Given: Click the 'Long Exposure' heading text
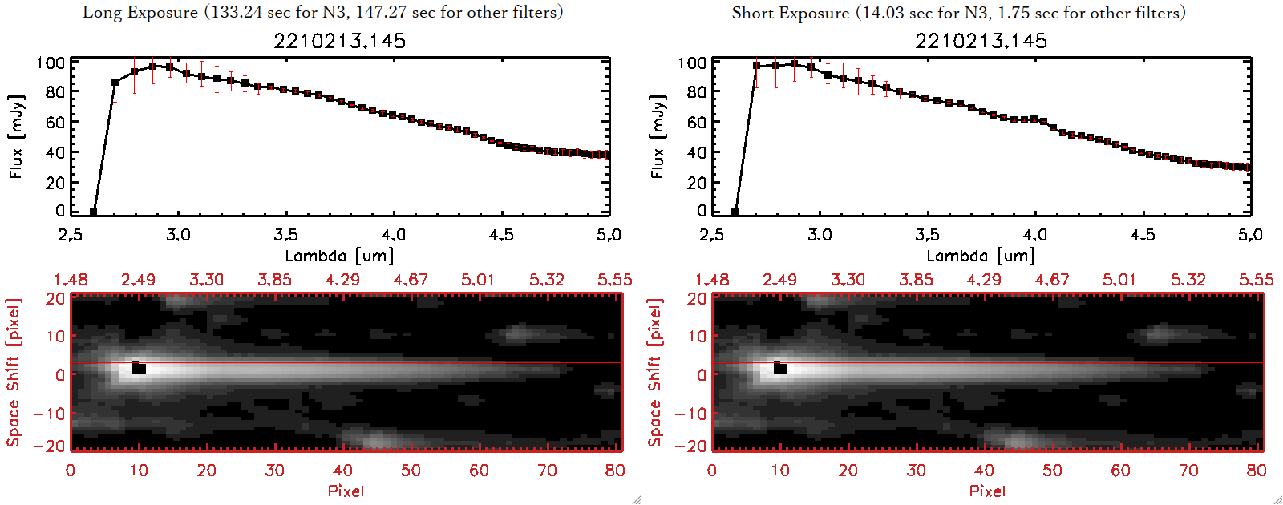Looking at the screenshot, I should pyautogui.click(x=140, y=12).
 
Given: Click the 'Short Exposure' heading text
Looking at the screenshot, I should pyautogui.click(x=790, y=13).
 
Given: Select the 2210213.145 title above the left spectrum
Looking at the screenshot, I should pyautogui.click(x=339, y=41).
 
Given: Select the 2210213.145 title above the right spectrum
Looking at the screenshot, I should pyautogui.click(x=981, y=41).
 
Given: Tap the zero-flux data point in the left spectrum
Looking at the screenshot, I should pyautogui.click(x=93, y=212).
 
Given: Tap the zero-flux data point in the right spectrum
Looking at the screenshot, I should pyautogui.click(x=735, y=212).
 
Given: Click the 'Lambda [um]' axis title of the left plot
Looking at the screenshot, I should pyautogui.click(x=339, y=256).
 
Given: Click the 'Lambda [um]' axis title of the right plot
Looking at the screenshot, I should pyautogui.click(x=981, y=256).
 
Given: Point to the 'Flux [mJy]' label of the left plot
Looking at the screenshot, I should pyautogui.click(x=16, y=136).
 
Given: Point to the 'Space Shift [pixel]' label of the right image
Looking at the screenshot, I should pyautogui.click(x=655, y=373).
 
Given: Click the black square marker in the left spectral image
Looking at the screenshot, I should pyautogui.click(x=139, y=368).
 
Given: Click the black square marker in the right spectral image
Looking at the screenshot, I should pyautogui.click(x=780, y=368).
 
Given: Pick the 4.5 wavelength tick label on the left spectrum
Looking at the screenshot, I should pyautogui.click(x=501, y=235).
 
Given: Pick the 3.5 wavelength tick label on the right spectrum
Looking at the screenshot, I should pyautogui.click(x=927, y=235).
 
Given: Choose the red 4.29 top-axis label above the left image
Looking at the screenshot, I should pyautogui.click(x=342, y=280).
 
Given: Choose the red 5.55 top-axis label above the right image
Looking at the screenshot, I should pyautogui.click(x=1256, y=280).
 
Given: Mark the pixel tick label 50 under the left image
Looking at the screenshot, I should pyautogui.click(x=411, y=471).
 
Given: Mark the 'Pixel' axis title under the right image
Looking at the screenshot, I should pyautogui.click(x=987, y=491).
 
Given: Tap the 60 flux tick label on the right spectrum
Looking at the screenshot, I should pyautogui.click(x=696, y=122).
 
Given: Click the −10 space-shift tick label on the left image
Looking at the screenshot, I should pyautogui.click(x=50, y=414).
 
